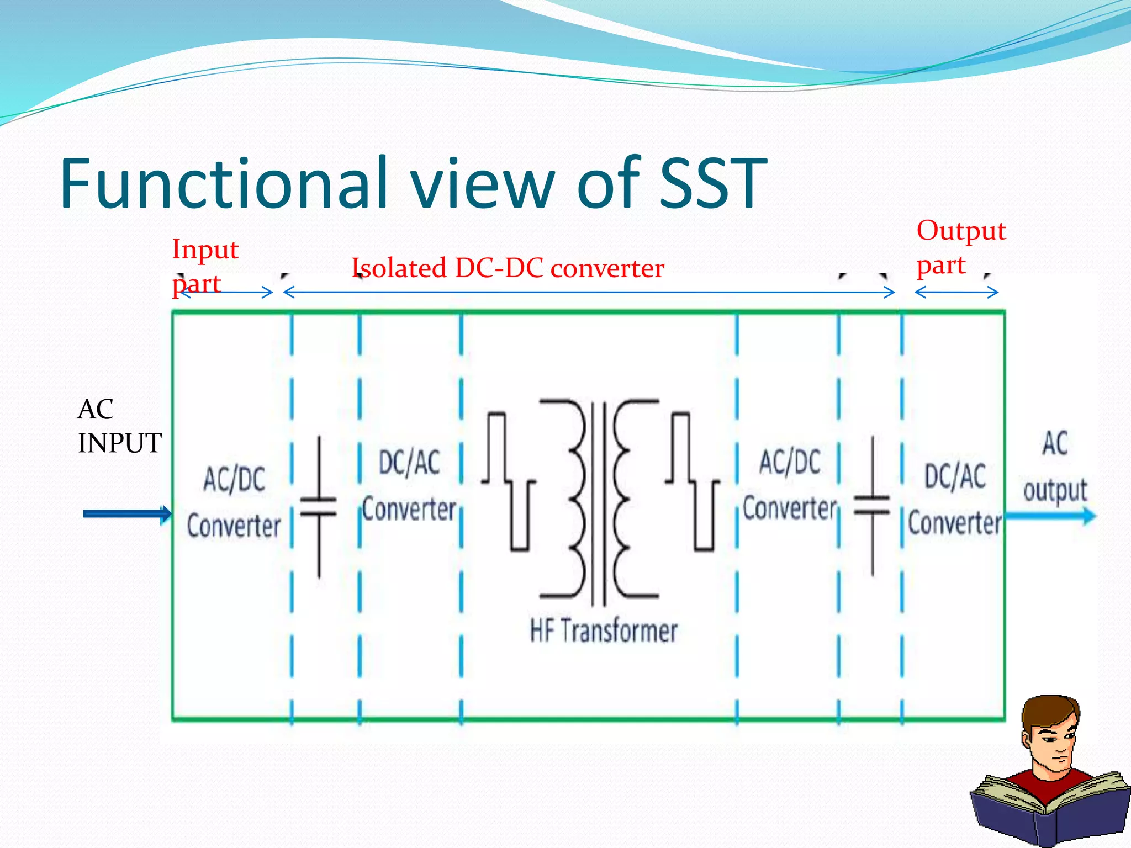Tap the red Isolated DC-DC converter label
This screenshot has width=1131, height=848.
[508, 268]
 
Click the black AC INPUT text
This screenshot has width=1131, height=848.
[118, 426]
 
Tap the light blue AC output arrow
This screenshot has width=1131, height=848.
[1049, 516]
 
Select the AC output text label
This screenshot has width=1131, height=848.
[1055, 467]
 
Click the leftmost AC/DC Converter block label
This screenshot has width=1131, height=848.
[234, 502]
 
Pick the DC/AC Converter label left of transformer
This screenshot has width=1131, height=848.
[409, 486]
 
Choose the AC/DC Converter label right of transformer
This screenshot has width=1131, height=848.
[790, 486]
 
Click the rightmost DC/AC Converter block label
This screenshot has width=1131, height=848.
[955, 500]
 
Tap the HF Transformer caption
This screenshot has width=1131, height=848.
[603, 630]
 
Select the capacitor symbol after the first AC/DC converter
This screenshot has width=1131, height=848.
[319, 507]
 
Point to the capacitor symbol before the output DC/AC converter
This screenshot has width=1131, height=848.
[872, 506]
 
